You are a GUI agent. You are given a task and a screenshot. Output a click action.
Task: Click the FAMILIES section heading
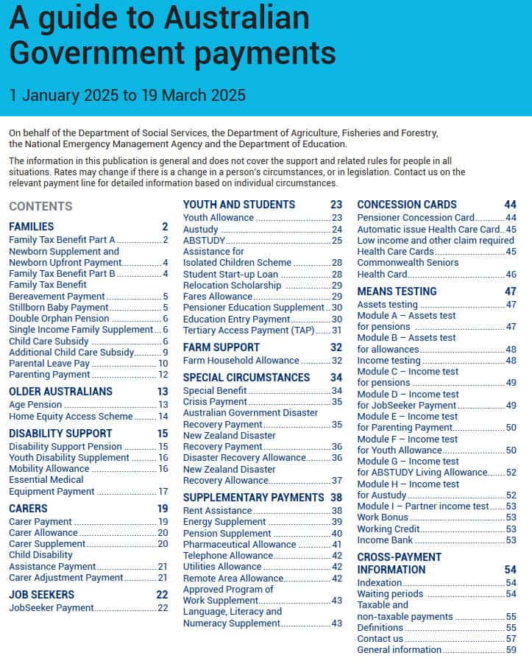click(31, 227)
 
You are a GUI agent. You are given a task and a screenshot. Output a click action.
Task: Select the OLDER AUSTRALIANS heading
click(60, 392)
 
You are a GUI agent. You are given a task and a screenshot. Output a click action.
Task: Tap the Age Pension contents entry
click(35, 405)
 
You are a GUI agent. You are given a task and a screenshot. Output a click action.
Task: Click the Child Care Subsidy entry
click(49, 341)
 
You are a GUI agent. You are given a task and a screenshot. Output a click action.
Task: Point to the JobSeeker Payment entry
click(52, 608)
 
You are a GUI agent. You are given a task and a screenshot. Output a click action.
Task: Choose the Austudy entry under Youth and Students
click(200, 229)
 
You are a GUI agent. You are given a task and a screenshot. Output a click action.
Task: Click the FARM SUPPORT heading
click(221, 347)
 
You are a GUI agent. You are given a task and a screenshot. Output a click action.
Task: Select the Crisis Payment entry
click(215, 402)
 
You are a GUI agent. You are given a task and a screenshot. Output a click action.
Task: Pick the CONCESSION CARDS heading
click(406, 205)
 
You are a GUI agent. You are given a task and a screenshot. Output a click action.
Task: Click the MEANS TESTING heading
click(397, 292)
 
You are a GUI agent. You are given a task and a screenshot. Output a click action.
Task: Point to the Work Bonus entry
click(382, 518)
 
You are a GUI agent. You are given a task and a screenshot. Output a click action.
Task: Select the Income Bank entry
click(385, 540)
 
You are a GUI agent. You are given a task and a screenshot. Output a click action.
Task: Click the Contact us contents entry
click(380, 638)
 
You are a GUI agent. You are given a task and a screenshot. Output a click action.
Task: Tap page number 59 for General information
click(511, 650)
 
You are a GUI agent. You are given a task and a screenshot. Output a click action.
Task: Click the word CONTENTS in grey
click(40, 207)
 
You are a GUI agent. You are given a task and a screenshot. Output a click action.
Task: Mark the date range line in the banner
click(127, 95)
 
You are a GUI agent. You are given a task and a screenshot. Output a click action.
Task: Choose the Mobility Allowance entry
click(49, 469)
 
